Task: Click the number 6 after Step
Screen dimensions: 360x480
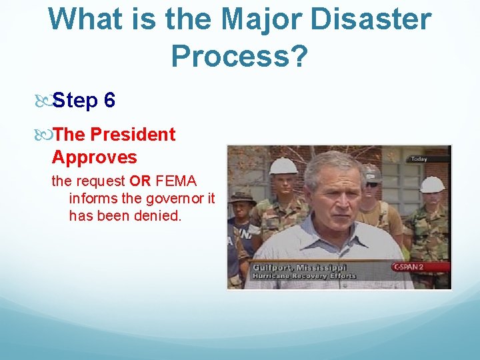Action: point(109,101)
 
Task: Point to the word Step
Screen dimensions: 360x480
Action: point(75,101)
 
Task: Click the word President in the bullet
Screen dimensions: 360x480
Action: point(133,134)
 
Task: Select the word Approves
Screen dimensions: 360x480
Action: point(94,157)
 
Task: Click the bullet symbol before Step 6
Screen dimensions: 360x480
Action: point(44,101)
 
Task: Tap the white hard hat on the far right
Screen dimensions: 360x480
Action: point(432,184)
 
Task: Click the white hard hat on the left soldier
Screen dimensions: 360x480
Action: point(283,165)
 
